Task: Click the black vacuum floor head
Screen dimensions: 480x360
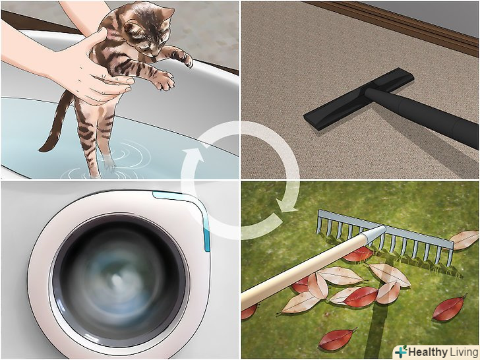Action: pyautogui.click(x=358, y=99)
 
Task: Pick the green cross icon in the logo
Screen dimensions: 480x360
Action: pyautogui.click(x=401, y=351)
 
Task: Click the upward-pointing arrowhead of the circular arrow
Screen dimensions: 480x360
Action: pyautogui.click(x=193, y=155)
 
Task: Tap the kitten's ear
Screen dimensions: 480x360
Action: pyautogui.click(x=167, y=14)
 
